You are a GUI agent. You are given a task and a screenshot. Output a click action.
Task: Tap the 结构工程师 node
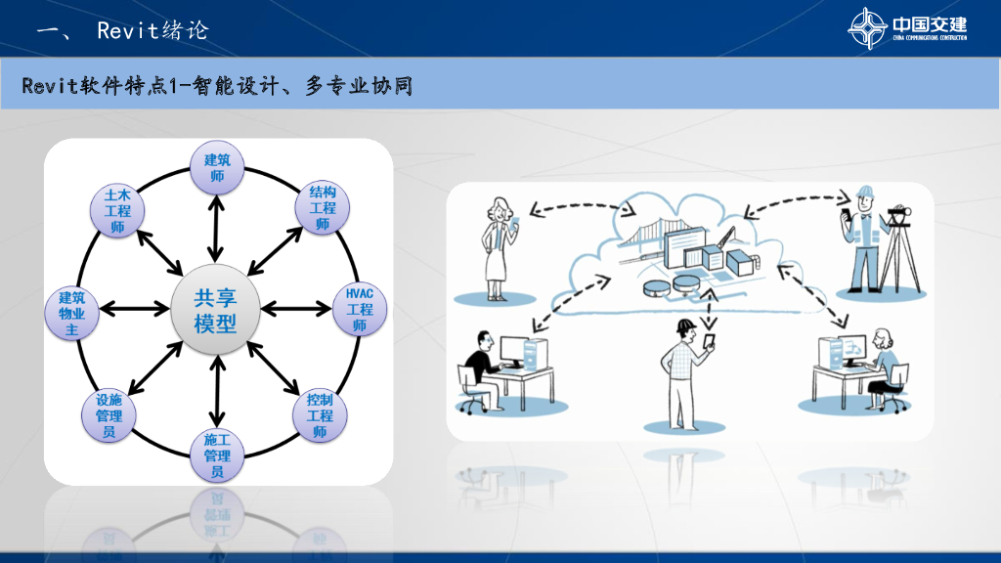tap(322, 207)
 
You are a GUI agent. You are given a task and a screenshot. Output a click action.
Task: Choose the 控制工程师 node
tap(320, 414)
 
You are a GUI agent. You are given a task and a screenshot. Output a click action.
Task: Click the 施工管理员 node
tap(216, 455)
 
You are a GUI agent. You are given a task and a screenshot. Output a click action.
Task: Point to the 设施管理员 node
tap(109, 414)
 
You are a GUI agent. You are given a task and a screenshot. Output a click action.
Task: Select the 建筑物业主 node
tap(71, 314)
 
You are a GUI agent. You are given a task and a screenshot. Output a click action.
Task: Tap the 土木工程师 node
tap(117, 211)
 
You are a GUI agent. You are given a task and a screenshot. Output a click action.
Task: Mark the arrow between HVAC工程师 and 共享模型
tap(296, 309)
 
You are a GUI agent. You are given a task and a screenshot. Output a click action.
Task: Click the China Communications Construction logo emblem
tap(867, 27)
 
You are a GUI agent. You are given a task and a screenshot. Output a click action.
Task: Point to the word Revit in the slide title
tap(127, 30)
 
